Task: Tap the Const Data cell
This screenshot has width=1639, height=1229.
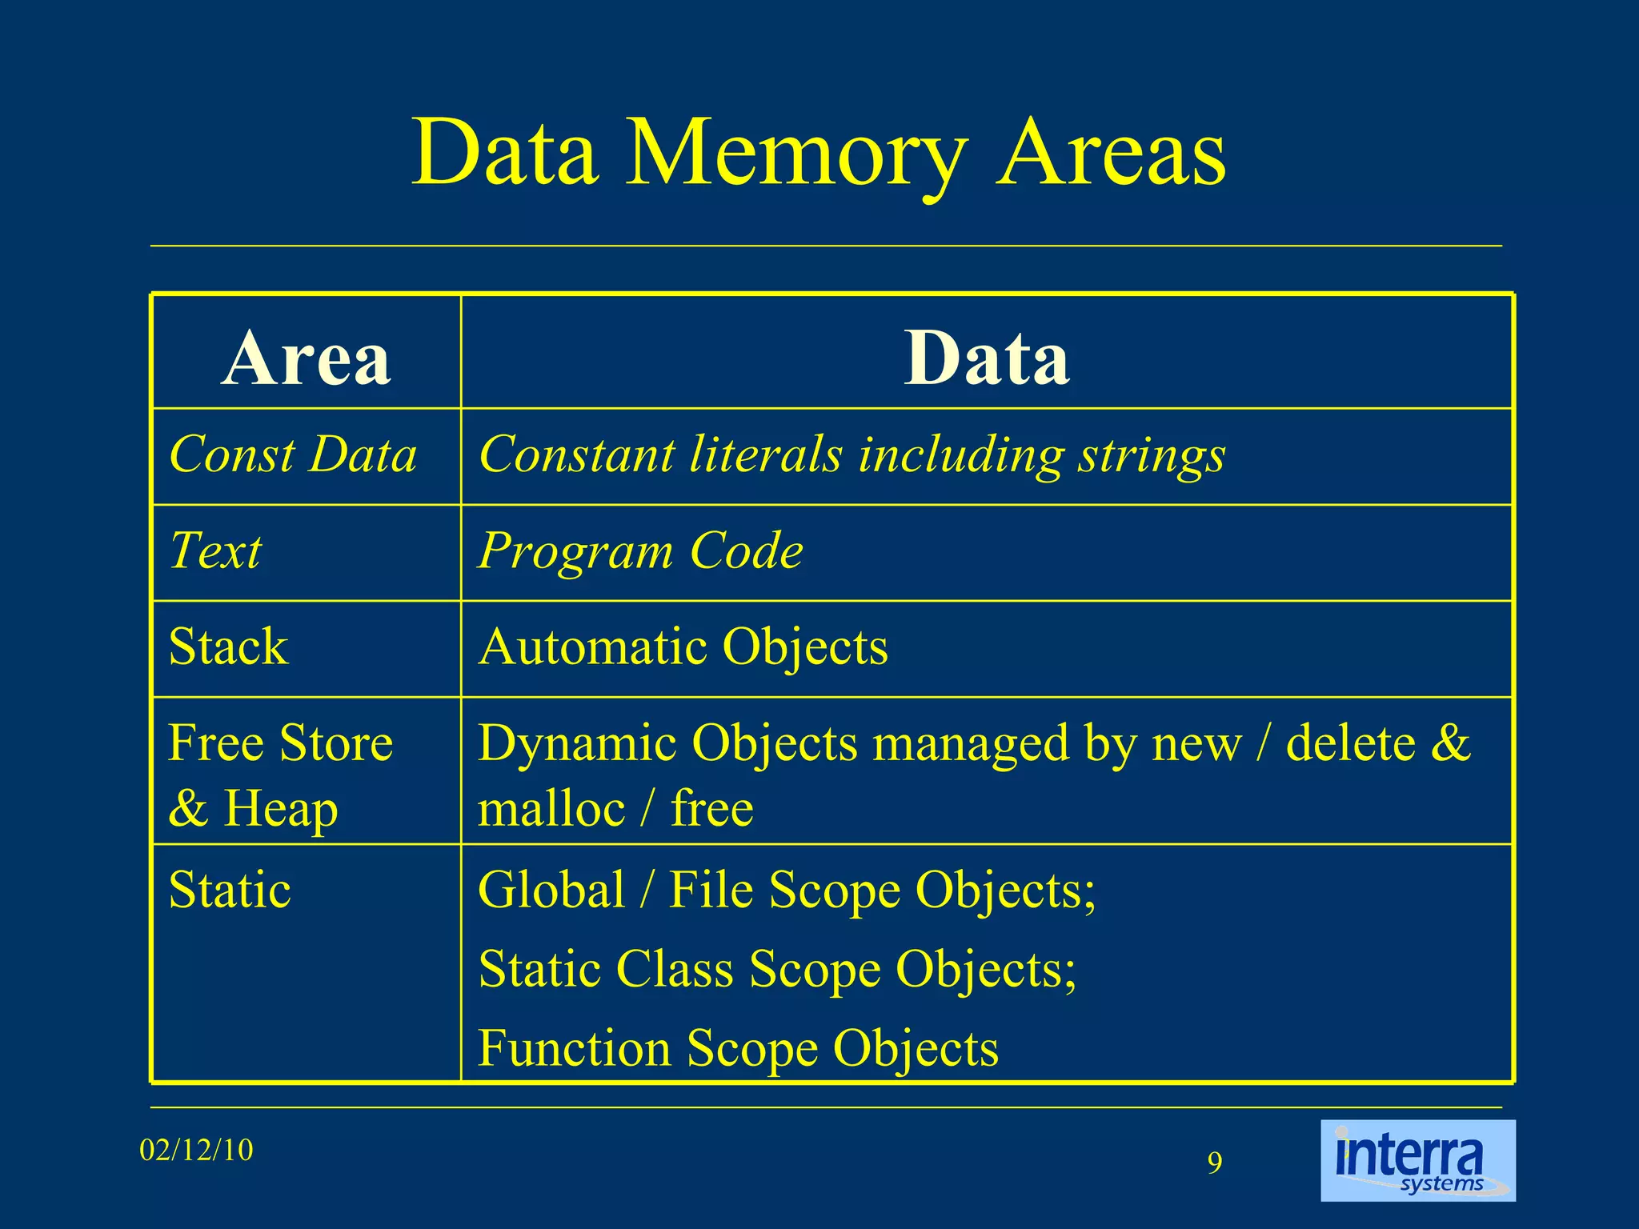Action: [293, 454]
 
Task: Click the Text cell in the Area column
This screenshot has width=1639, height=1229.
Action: [215, 550]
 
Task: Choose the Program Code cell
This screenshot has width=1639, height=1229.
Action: [640, 551]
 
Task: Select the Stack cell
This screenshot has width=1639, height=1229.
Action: [228, 647]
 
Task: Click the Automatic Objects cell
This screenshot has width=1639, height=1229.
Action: [683, 647]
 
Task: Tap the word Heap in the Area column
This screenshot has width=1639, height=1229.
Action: [280, 808]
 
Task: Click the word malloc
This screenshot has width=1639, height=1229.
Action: [551, 808]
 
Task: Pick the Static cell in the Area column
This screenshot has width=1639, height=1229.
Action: [230, 890]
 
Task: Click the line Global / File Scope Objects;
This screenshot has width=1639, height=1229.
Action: [787, 890]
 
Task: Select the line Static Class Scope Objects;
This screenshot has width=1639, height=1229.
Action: [777, 969]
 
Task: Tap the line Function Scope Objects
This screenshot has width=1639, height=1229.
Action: [738, 1048]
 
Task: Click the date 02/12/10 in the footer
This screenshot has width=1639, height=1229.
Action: [196, 1151]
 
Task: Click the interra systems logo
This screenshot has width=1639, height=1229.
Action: [1417, 1159]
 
